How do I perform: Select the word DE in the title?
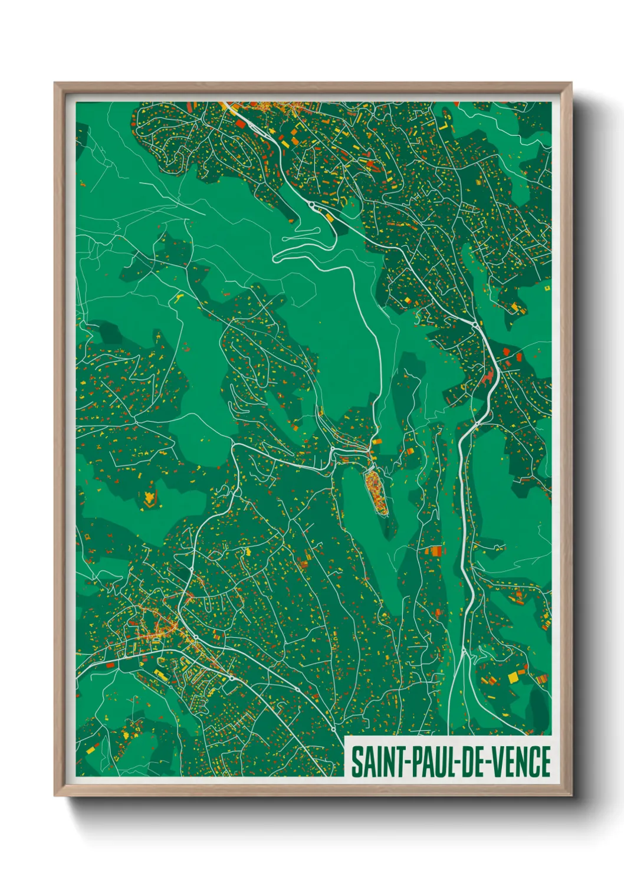(472, 762)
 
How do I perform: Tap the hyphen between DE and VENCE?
(488, 763)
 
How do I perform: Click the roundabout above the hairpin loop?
(311, 205)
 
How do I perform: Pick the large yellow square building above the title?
(513, 677)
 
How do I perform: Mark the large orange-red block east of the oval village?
(433, 552)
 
